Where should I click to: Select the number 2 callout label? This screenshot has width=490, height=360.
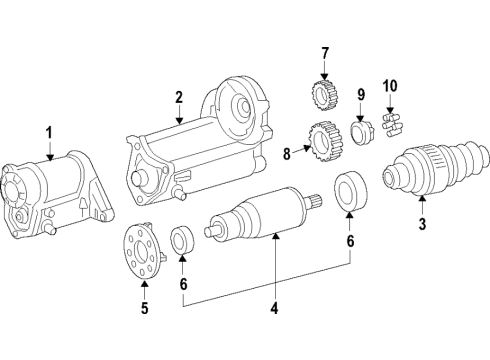tap(178, 97)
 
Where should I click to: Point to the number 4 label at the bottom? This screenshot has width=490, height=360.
tap(274, 308)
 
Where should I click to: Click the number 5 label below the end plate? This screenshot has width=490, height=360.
tap(144, 308)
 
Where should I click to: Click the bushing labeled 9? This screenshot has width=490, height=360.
tap(361, 133)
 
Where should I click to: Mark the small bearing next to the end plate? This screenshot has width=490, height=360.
tap(182, 241)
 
